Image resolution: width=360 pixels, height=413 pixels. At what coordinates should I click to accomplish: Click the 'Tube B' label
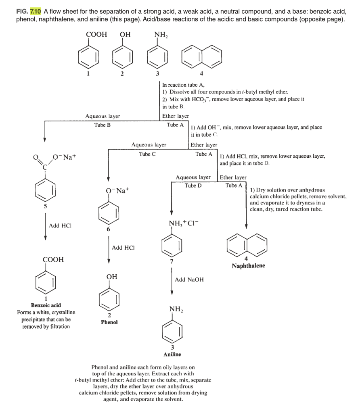point(103,125)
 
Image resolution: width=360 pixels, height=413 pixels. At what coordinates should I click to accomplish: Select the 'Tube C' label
point(147,154)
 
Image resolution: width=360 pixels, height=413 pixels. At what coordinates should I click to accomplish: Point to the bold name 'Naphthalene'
point(248,266)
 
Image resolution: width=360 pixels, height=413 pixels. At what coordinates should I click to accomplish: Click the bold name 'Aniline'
point(172,354)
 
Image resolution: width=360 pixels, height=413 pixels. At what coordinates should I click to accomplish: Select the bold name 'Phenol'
point(109,322)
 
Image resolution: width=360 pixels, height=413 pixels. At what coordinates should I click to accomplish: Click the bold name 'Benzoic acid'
point(46,305)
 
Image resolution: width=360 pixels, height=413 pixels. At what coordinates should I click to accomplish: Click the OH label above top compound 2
point(126,35)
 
